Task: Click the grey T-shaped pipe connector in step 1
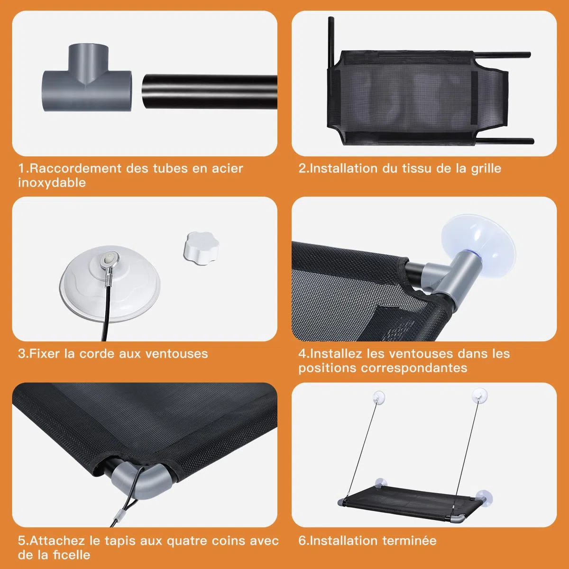tap(87, 86)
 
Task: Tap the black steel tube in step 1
tap(210, 92)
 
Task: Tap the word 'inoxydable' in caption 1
tap(52, 183)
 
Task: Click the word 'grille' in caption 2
tap(486, 169)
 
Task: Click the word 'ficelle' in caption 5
tap(72, 555)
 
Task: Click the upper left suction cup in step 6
tap(379, 397)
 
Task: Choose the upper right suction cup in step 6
tap(479, 395)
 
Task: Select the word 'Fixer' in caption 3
tap(45, 354)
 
